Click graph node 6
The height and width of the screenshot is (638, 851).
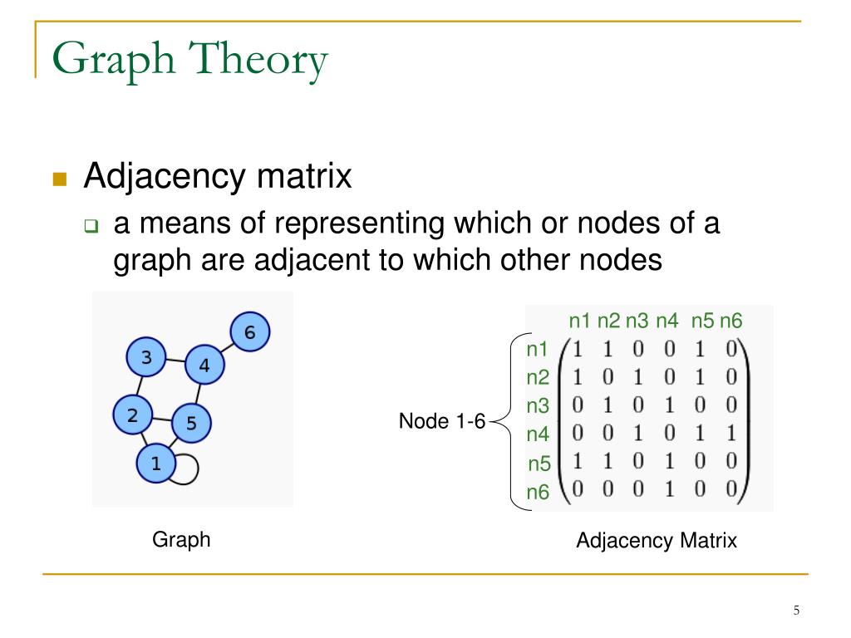[249, 333]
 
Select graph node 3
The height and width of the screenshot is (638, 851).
[146, 359]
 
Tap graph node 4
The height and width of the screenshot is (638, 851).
[204, 365]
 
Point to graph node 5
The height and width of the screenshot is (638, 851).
[191, 423]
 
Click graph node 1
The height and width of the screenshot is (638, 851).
[155, 463]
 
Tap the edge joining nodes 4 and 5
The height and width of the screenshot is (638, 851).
[198, 394]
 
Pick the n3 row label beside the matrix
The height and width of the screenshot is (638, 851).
[538, 405]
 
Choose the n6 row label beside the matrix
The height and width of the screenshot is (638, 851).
[538, 493]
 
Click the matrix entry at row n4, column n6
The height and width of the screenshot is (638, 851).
[730, 434]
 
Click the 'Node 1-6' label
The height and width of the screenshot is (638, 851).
[441, 421]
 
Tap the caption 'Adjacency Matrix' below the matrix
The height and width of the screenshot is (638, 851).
[657, 541]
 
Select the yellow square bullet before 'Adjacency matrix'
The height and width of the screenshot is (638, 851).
[59, 179]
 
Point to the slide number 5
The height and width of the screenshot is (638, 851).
[796, 611]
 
